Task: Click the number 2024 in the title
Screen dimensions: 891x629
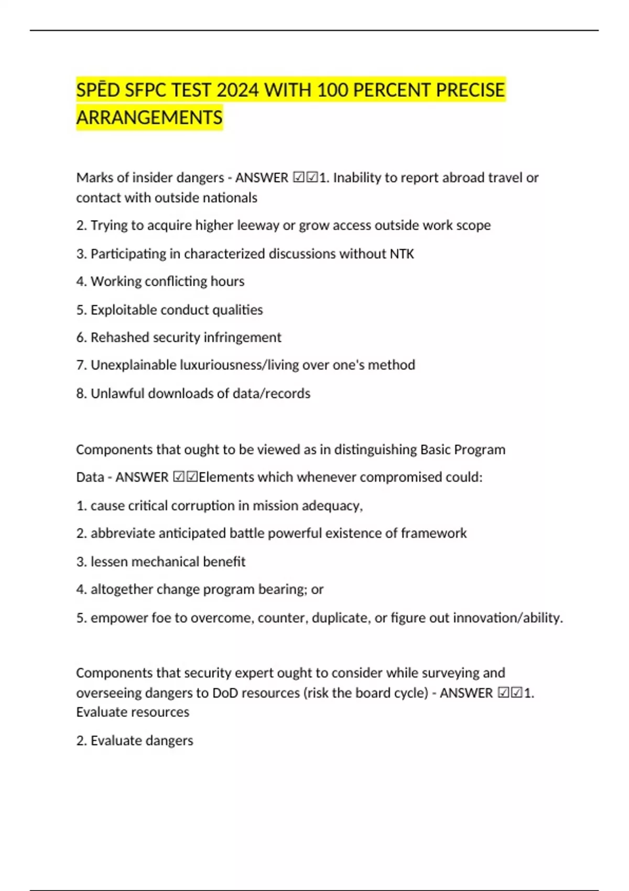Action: tap(237, 90)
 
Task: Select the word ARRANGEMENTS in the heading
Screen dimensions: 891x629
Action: tap(149, 117)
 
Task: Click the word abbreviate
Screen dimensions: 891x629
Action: tap(123, 534)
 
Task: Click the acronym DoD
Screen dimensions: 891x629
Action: tap(224, 693)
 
